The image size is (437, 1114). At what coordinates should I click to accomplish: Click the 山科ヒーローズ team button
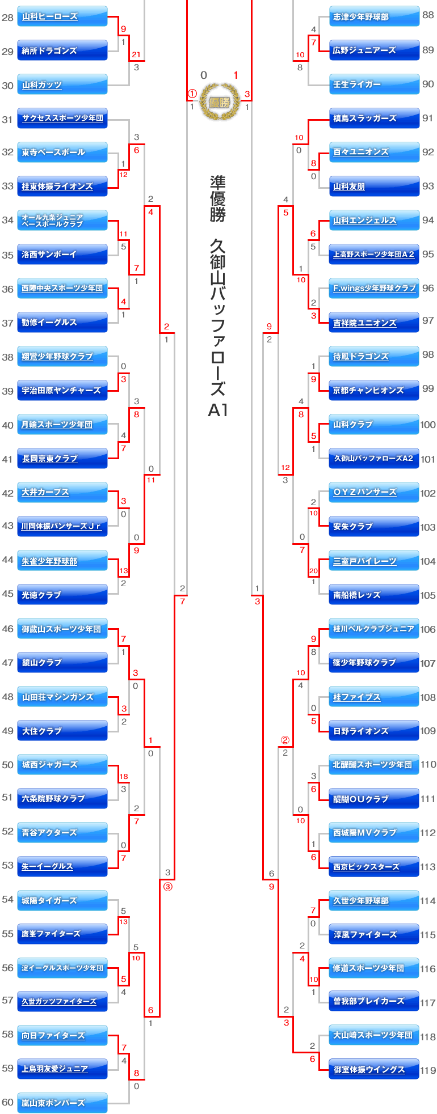pyautogui.click(x=62, y=16)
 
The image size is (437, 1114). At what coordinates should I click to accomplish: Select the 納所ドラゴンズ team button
pyautogui.click(x=62, y=50)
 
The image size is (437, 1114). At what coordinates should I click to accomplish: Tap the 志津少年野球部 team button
pyautogui.click(x=374, y=16)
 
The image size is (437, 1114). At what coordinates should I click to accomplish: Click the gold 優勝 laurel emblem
pyautogui.click(x=220, y=102)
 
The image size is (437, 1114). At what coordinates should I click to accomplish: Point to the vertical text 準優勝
pyautogui.click(x=218, y=198)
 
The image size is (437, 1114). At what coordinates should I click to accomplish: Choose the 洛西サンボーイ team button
pyautogui.click(x=62, y=255)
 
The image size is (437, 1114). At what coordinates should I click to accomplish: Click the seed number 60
pyautogui.click(x=7, y=1102)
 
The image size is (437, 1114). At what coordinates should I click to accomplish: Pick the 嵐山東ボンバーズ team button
pyautogui.click(x=62, y=1103)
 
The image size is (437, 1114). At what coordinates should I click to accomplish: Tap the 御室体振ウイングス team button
pyautogui.click(x=374, y=1069)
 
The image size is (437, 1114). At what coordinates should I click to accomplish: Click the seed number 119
pyautogui.click(x=428, y=1070)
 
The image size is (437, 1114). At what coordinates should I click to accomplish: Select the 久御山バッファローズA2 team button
pyautogui.click(x=374, y=458)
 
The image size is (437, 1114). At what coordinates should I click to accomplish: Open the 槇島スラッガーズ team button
pyautogui.click(x=374, y=118)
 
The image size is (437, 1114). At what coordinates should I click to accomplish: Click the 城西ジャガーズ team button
pyautogui.click(x=62, y=764)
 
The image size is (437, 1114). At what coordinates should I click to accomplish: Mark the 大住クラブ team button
pyautogui.click(x=62, y=731)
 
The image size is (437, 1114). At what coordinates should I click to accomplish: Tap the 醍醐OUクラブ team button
pyautogui.click(x=374, y=799)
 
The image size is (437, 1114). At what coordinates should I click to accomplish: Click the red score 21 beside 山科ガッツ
pyautogui.click(x=136, y=55)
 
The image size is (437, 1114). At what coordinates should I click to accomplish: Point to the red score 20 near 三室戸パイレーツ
pyautogui.click(x=313, y=571)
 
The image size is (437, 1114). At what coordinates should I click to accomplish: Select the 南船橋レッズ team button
pyautogui.click(x=374, y=595)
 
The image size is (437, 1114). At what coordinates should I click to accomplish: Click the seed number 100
pyautogui.click(x=428, y=425)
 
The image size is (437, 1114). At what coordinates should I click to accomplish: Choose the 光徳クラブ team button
pyautogui.click(x=62, y=595)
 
